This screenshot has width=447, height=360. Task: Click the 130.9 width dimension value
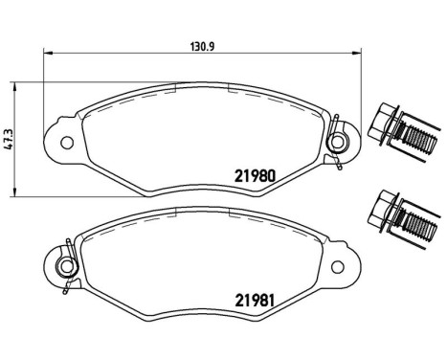point(202,47)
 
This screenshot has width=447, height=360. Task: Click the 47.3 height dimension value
point(9,139)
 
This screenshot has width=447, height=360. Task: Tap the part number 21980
point(255,176)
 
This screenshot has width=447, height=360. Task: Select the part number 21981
point(255,300)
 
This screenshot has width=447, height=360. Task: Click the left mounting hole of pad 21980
point(67,143)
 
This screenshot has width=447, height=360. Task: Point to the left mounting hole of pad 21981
point(67,266)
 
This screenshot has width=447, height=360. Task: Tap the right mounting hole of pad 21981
point(338,267)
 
